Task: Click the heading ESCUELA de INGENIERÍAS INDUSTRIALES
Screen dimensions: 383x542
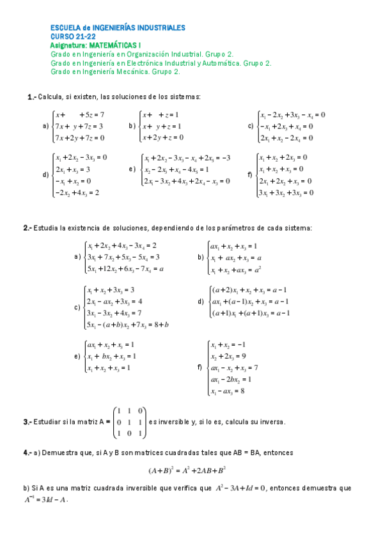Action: coord(118,28)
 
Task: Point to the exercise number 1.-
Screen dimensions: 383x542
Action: coord(31,97)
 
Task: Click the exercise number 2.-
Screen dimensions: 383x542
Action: coord(27,228)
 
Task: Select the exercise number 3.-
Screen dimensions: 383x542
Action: coord(27,422)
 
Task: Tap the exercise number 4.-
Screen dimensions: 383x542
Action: coord(27,453)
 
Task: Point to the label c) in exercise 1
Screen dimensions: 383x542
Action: coord(251,126)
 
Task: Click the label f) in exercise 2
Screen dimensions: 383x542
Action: coord(200,368)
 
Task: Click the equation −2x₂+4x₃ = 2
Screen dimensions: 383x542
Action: coord(77,192)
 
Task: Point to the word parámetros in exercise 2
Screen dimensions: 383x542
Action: coord(240,228)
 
